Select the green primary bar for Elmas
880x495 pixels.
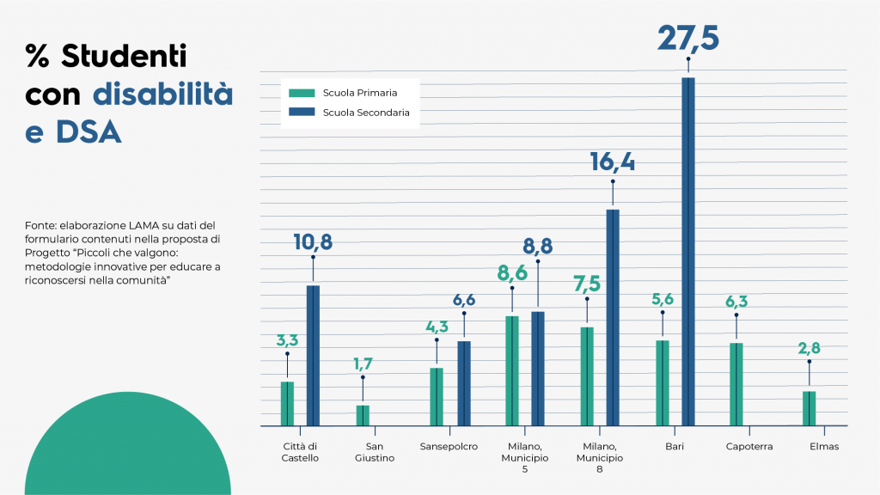coord(809,408)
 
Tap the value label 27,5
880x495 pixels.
coord(687,39)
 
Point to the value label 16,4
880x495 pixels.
coord(612,162)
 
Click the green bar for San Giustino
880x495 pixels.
coord(363,415)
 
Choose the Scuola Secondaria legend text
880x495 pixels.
coord(366,113)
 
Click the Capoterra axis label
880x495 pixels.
coord(749,447)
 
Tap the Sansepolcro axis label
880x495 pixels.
coord(449,447)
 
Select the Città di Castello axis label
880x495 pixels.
coord(300,452)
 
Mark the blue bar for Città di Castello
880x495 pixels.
coord(313,355)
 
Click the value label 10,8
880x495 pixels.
coord(312,242)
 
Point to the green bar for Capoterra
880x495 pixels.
coord(736,384)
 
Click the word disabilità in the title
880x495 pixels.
coord(162,95)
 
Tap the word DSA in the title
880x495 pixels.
coord(89,132)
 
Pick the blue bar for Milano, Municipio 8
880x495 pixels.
coord(613,317)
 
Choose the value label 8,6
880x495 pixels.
coord(512,273)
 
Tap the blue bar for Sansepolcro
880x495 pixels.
coord(464,382)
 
